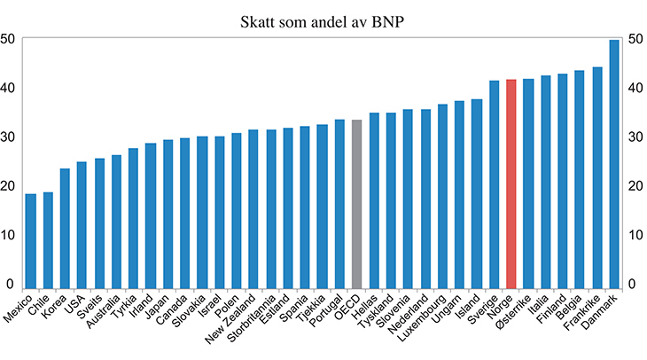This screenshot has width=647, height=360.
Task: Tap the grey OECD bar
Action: [x=356, y=204]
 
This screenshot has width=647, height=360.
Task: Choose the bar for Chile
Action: [x=48, y=240]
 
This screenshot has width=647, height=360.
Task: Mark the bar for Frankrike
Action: [x=597, y=177]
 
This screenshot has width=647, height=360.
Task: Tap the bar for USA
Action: [x=82, y=225]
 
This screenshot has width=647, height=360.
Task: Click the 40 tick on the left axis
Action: [x=8, y=88]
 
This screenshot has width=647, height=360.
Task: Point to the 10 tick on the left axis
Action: [x=8, y=235]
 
